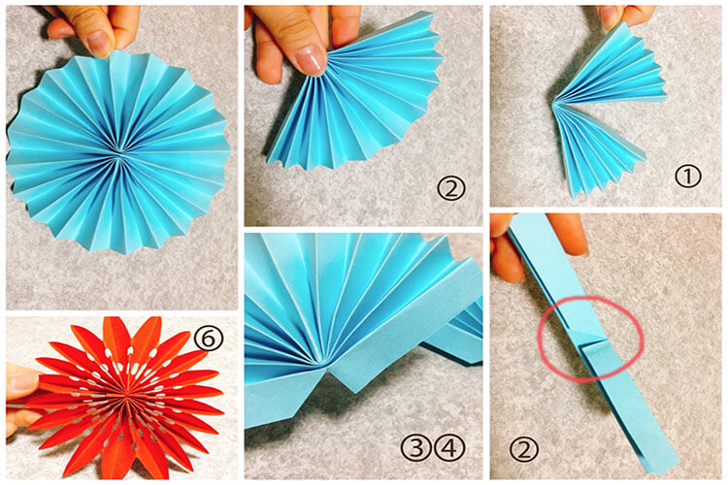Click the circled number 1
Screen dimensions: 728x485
coord(687,177)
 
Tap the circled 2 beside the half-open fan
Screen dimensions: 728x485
coord(450,187)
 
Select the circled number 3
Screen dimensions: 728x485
coord(416,447)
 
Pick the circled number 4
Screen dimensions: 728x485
coord(449,447)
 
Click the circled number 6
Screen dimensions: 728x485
coord(209,338)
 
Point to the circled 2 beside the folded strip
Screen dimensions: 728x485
coord(524,449)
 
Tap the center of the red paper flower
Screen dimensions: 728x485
coord(126,396)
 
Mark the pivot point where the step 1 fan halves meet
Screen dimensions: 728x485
coord(554,103)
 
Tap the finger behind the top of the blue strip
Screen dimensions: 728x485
coord(567,235)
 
